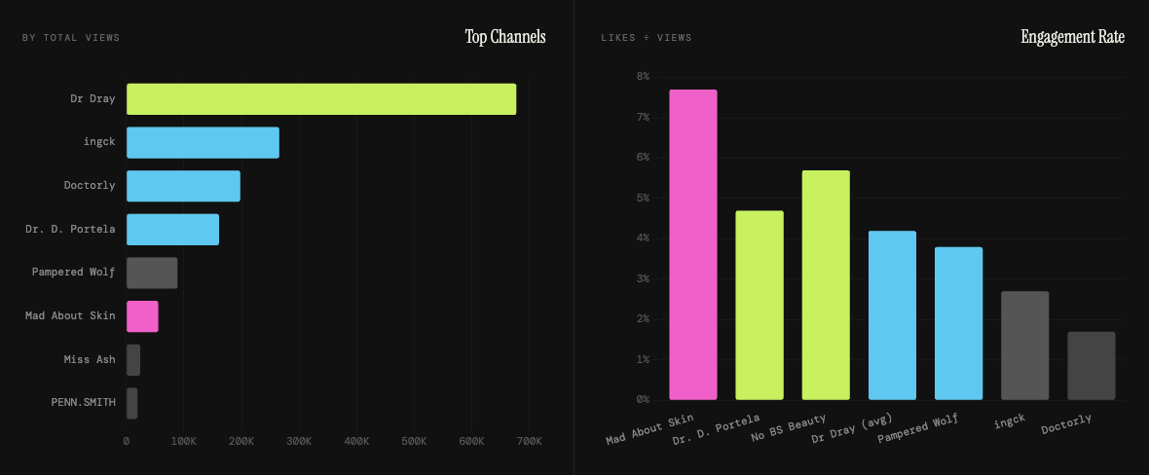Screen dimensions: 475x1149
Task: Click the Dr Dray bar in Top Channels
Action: pos(321,99)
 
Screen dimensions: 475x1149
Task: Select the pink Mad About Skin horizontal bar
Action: pos(142,316)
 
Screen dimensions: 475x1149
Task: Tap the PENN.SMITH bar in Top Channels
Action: pos(132,403)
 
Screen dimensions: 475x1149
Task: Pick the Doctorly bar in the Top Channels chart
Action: pos(183,186)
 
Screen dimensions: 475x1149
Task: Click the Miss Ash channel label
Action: pos(90,359)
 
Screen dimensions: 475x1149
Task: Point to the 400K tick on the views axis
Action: pos(356,442)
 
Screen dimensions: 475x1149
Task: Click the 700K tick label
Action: pos(529,442)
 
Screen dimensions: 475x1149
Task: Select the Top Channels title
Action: pos(505,37)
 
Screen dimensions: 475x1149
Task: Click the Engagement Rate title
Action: pos(1072,37)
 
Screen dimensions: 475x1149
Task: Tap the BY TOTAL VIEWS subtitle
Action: pos(71,38)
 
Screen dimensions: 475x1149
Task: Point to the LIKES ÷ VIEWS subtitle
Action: pos(647,38)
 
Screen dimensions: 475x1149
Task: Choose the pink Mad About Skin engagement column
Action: pos(693,244)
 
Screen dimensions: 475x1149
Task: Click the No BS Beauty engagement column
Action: pos(826,285)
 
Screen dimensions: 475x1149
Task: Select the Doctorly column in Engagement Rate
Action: pos(1092,366)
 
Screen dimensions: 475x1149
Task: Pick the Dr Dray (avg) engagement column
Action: pos(892,315)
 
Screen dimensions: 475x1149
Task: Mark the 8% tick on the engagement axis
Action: pos(643,76)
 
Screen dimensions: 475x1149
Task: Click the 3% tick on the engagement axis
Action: pos(643,278)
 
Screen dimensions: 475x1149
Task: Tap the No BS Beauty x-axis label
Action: pos(790,428)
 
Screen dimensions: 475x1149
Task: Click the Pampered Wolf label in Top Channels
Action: pos(73,273)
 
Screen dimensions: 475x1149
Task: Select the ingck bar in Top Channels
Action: pos(203,143)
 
